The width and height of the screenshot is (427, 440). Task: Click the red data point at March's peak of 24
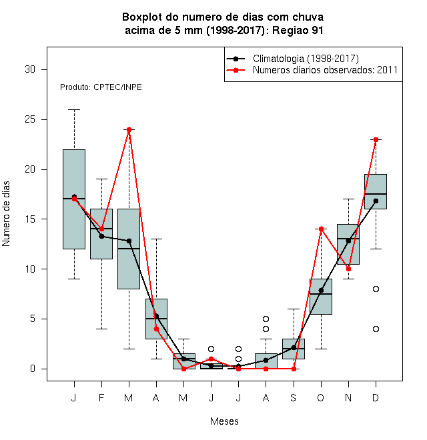129,129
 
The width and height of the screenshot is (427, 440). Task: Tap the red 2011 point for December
376,139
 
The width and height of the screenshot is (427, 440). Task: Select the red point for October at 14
321,229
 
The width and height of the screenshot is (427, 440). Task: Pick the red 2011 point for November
349,269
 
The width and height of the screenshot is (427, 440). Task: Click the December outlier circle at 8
376,289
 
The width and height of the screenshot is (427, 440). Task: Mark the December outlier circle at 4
376,329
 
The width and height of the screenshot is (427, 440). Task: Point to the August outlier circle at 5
266,319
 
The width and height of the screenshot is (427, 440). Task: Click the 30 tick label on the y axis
30,69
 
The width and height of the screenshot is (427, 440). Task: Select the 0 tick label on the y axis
33,369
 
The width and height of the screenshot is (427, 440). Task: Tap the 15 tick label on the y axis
30,219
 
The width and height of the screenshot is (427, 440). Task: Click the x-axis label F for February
101,397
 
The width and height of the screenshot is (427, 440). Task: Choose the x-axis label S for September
294,397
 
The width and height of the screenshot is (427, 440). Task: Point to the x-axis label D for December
376,397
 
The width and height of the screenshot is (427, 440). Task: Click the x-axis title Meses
224,421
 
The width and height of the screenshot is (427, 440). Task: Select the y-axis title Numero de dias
6,214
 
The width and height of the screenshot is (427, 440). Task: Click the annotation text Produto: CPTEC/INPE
101,87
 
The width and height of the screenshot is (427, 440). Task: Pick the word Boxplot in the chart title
142,17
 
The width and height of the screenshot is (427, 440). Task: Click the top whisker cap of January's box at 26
74,110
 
